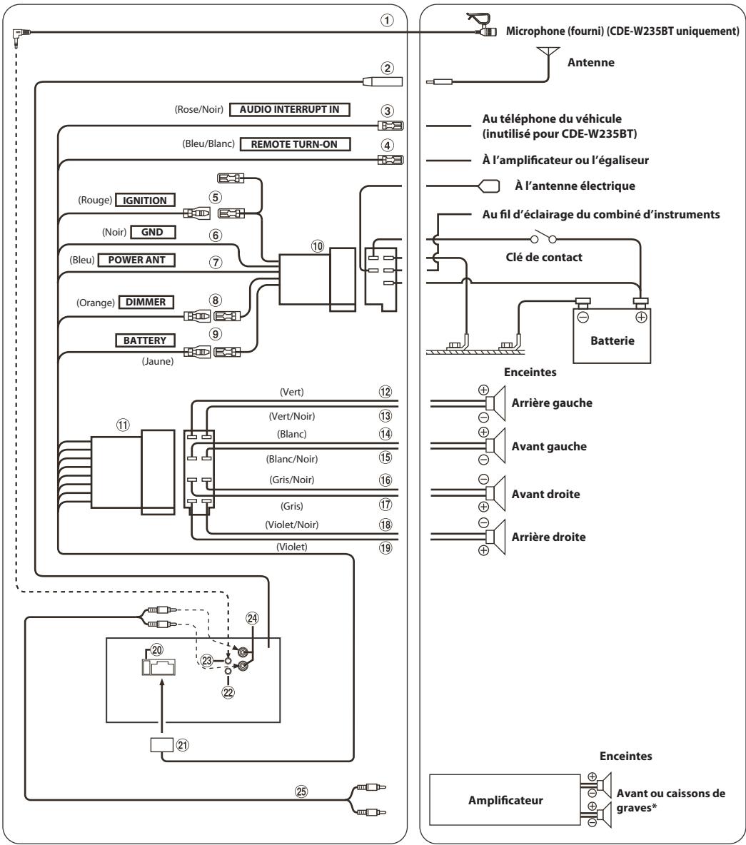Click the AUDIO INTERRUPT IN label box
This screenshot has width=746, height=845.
click(x=289, y=109)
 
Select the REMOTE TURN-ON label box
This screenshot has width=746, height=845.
click(x=294, y=144)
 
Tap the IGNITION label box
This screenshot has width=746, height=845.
click(x=145, y=201)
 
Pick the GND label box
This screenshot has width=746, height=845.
click(x=153, y=232)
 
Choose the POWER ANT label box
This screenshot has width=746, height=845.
click(x=137, y=260)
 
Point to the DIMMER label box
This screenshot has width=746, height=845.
click(x=146, y=303)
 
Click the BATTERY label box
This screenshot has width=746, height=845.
click(x=145, y=340)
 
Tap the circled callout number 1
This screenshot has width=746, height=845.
click(x=387, y=21)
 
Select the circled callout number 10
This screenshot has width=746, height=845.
click(x=318, y=246)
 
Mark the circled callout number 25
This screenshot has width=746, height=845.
click(x=301, y=791)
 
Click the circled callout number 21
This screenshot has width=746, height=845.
click(x=183, y=745)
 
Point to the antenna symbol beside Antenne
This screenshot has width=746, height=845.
click(x=548, y=59)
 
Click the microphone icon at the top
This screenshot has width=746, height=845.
click(x=481, y=24)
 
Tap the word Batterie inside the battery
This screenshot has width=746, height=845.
click(x=613, y=340)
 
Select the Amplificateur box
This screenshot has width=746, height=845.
click(x=505, y=800)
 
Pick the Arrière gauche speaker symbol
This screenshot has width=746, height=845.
click(x=495, y=403)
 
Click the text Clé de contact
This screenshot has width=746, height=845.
click(x=544, y=257)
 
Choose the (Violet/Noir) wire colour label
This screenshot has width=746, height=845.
click(x=291, y=525)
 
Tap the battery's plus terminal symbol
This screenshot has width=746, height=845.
click(x=641, y=318)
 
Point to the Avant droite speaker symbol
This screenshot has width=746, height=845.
click(x=495, y=493)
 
